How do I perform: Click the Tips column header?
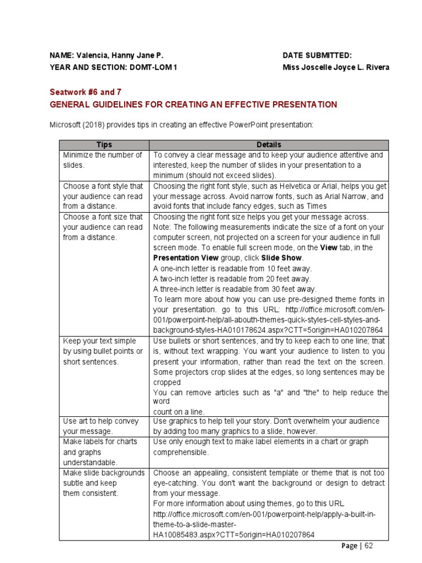[x=104, y=145]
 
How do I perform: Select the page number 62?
[x=368, y=546]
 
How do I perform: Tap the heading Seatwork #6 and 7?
[x=85, y=92]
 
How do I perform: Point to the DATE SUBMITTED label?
[x=317, y=56]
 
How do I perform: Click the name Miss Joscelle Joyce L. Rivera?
[x=336, y=68]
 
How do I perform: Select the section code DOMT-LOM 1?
[x=153, y=68]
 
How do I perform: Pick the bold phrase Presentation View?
[x=186, y=258]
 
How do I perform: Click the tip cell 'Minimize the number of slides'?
[x=103, y=160]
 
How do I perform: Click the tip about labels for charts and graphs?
[x=101, y=452]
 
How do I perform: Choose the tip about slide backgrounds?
[x=104, y=483]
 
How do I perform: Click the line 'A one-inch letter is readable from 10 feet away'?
[x=232, y=268]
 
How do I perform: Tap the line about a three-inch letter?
[x=235, y=289]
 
